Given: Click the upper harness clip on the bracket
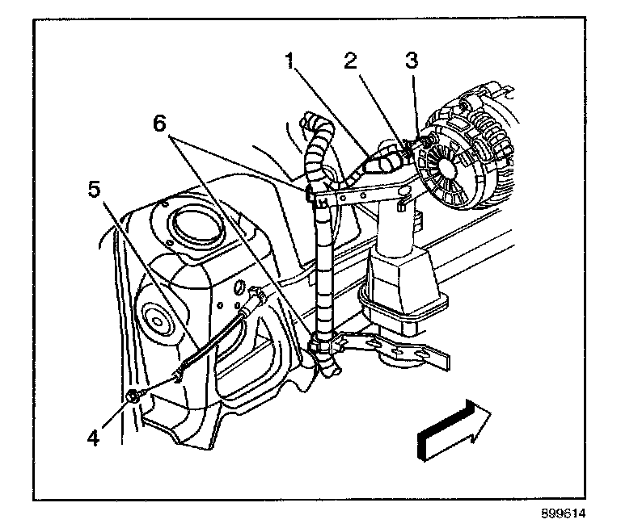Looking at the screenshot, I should (x=315, y=191).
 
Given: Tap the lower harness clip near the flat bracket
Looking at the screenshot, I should (x=320, y=348).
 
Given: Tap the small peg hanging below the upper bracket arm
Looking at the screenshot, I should (x=399, y=206).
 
